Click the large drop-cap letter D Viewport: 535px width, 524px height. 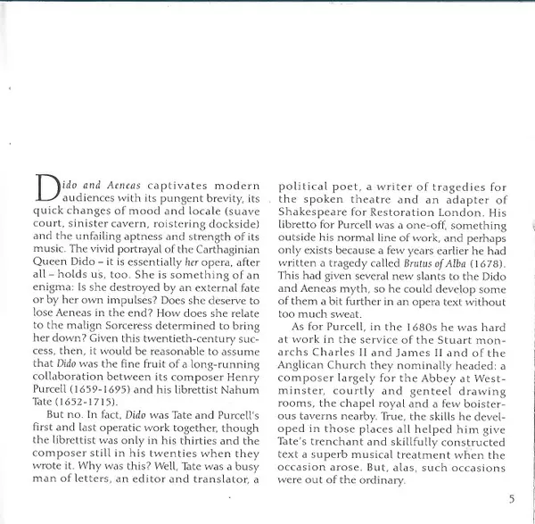45,187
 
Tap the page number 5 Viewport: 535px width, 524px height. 511,499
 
